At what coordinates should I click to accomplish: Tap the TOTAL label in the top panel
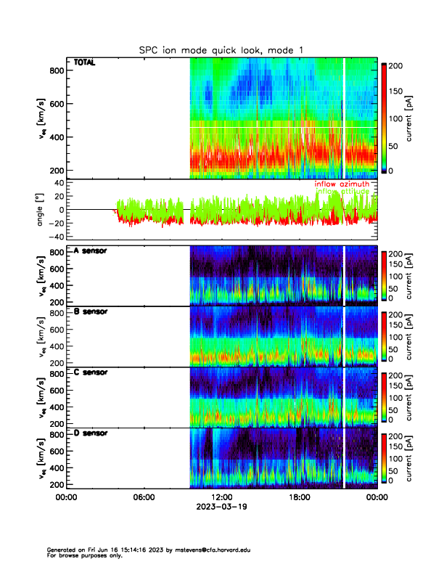click(x=84, y=63)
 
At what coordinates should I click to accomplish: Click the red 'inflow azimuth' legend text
click(x=342, y=184)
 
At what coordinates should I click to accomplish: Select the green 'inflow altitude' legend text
click(x=342, y=192)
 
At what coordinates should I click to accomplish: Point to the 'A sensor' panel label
click(x=91, y=251)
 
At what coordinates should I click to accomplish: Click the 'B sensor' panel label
click(x=91, y=312)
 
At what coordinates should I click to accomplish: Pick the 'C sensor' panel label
click(x=91, y=372)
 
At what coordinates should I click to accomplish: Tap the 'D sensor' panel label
click(x=91, y=433)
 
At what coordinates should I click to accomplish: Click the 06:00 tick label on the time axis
click(x=144, y=497)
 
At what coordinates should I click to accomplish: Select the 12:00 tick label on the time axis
click(x=222, y=497)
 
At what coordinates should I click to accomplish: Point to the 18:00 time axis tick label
click(x=300, y=497)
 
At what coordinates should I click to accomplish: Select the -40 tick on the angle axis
click(x=54, y=237)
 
